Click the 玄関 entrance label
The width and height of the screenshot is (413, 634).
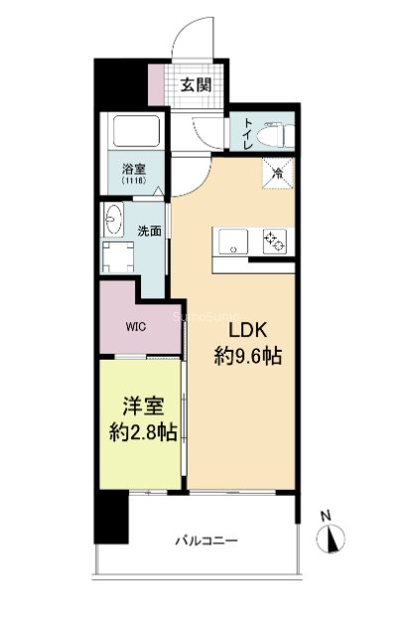[x=196, y=84]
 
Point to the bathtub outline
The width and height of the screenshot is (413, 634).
[x=134, y=132]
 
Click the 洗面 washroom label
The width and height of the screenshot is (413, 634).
[x=149, y=231]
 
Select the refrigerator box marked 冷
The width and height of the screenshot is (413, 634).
[x=278, y=173]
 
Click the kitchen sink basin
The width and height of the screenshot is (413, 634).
[x=236, y=240]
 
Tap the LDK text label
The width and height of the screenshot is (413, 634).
[x=248, y=331]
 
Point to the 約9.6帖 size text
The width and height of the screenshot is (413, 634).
[x=248, y=356]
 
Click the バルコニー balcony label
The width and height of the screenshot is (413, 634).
[x=206, y=541]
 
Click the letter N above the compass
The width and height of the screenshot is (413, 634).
[x=325, y=516]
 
